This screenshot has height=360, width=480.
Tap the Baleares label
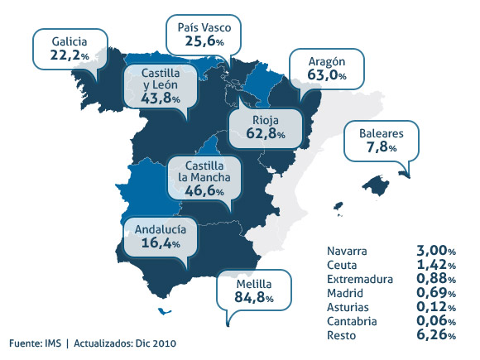(x=381, y=132)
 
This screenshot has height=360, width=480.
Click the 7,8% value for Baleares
(x=381, y=147)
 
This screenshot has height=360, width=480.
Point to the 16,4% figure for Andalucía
(x=160, y=245)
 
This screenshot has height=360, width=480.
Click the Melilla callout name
(x=252, y=285)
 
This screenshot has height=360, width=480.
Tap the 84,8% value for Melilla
(x=252, y=300)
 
